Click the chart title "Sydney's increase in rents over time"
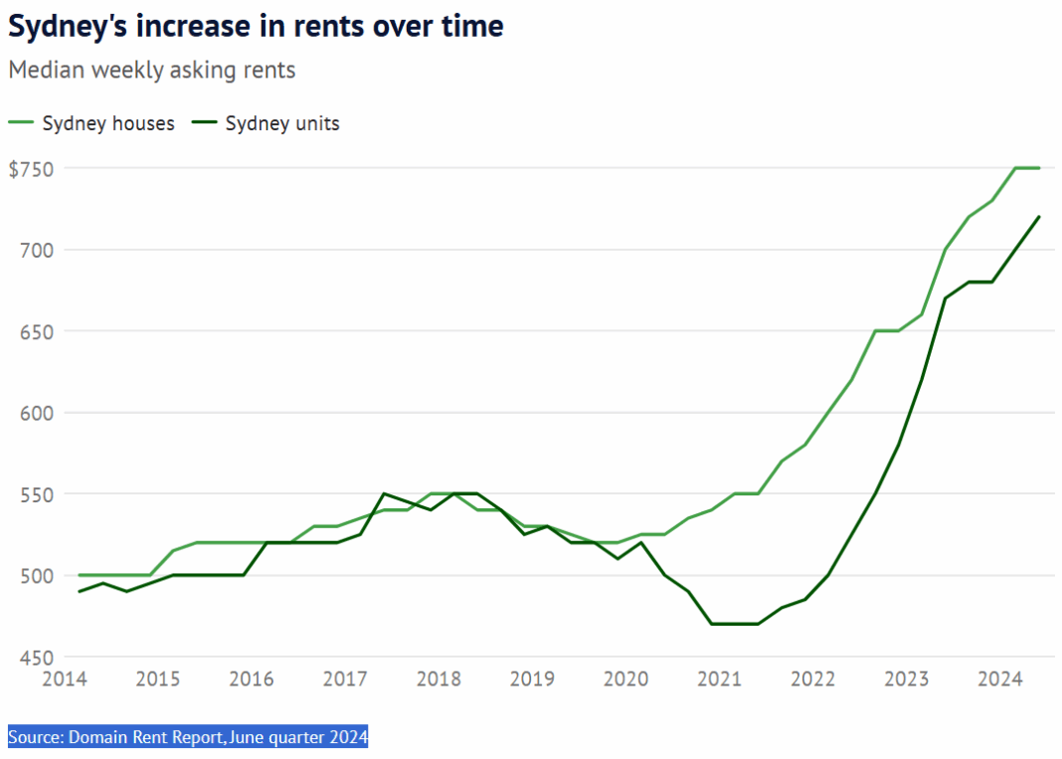[x=256, y=27]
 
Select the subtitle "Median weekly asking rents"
[x=152, y=71]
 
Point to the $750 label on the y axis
[x=30, y=168]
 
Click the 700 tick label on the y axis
[x=36, y=250]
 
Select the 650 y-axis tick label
[x=36, y=331]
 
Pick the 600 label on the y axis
[x=36, y=413]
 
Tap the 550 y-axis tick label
[x=36, y=494]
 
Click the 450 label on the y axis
[x=36, y=658]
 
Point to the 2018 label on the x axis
[x=439, y=679]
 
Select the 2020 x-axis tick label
[x=625, y=679]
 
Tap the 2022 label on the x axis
[x=813, y=679]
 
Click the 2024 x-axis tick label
[x=1000, y=679]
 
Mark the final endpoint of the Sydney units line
[x=1039, y=217]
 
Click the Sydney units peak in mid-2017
[x=384, y=493]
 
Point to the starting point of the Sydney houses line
[x=80, y=575]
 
